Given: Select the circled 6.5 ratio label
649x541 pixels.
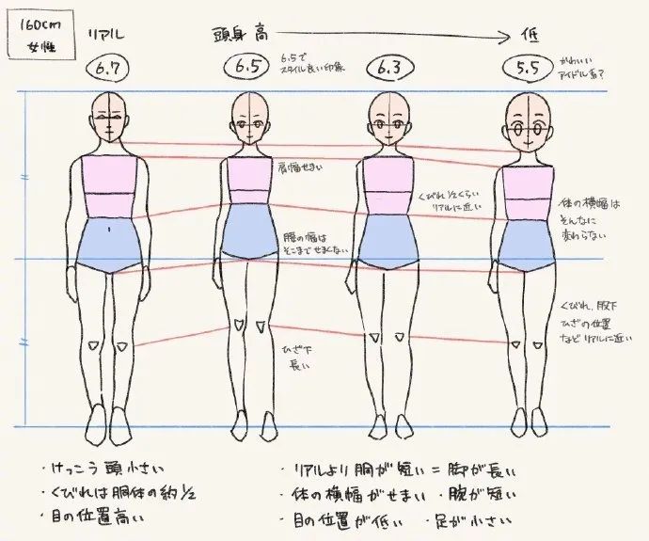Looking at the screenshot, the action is [248, 69].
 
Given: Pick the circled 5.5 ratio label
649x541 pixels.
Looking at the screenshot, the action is [529, 69].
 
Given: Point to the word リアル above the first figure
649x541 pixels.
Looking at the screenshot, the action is [105, 36].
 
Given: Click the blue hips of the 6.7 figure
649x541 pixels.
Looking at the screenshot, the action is [110, 245].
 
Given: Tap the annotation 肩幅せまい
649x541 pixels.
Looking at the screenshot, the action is [299, 167].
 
